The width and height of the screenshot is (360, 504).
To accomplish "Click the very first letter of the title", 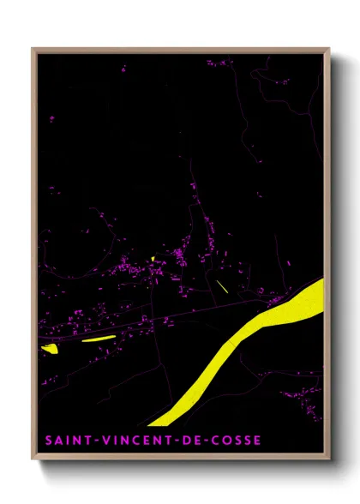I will [x=48, y=441].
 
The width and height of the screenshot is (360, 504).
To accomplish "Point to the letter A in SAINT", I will [x=57, y=441].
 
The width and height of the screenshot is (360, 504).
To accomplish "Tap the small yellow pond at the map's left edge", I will [x=49, y=348].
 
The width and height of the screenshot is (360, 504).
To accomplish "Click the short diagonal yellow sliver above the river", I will [x=221, y=286].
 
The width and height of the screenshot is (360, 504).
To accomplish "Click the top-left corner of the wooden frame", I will [x=33, y=49].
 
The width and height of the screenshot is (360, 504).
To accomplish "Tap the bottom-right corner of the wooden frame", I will [x=329, y=461].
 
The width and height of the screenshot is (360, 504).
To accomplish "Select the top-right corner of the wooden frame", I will [x=329, y=49].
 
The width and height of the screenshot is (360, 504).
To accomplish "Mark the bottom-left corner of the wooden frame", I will [x=33, y=461].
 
